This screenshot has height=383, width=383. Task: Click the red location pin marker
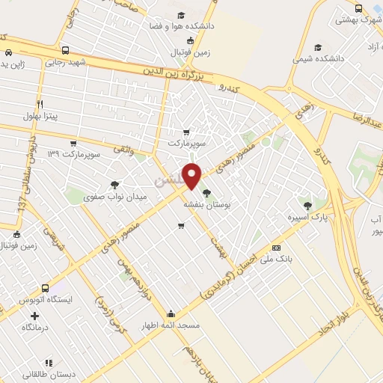pos(192,176)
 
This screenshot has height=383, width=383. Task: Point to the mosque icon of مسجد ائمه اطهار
pos(171,314)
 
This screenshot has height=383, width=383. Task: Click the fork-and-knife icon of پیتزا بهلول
pos(40,104)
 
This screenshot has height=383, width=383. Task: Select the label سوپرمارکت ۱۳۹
pos(73,154)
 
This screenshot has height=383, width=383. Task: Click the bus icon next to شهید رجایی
pos(66,51)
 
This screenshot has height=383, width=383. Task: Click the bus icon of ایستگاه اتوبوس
pos(46,288)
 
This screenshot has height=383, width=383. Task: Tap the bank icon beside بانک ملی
pos(276,248)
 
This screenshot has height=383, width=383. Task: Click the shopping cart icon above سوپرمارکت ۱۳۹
pos(73,143)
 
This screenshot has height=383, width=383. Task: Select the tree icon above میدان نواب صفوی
pos(114,184)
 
